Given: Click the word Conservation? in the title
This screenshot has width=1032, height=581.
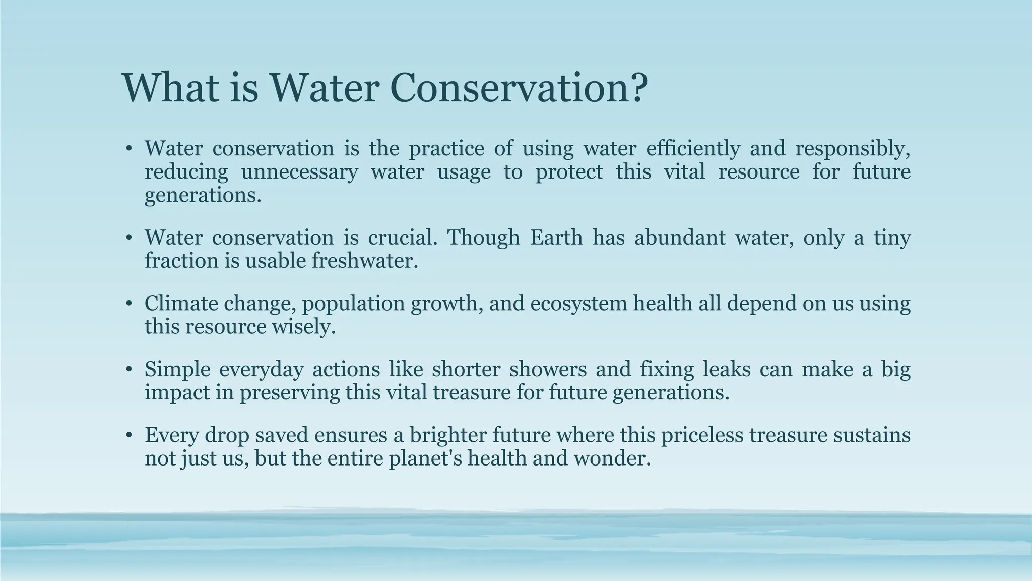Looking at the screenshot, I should [x=518, y=88].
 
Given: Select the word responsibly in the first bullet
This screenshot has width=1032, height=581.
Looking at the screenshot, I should [x=853, y=149].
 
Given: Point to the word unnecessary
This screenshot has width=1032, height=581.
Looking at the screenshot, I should [x=299, y=172].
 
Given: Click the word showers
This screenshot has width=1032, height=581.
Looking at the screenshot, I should [x=548, y=369].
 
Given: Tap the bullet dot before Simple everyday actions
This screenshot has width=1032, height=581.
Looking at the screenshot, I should [x=129, y=370].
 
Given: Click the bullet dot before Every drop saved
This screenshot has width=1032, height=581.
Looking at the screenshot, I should [x=129, y=435].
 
